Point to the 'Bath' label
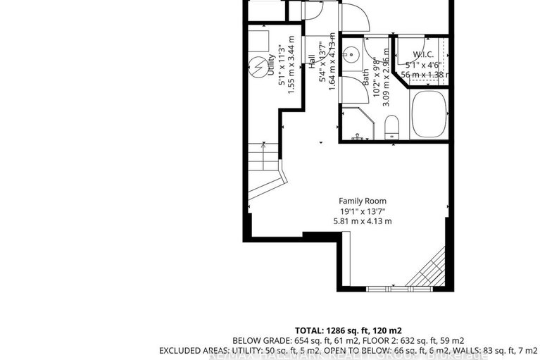point(367,77)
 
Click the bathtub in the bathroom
point(429,115)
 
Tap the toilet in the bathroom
point(392,128)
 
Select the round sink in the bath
point(352,54)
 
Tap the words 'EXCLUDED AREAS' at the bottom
point(189,350)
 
